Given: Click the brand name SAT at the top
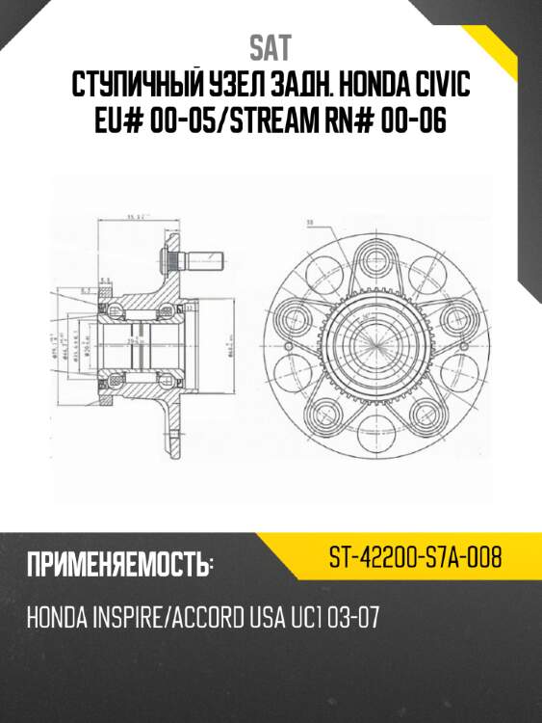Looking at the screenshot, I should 271,47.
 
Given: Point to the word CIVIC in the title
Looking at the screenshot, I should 440,87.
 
